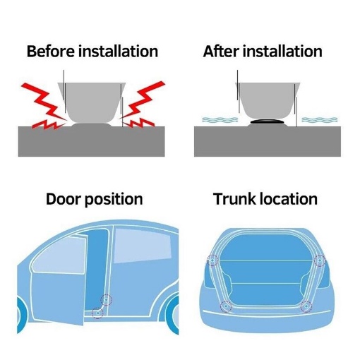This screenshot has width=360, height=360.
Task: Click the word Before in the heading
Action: tap(50, 51)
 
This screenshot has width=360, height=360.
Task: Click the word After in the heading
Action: tap(220, 51)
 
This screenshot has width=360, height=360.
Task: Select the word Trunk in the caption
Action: tap(234, 199)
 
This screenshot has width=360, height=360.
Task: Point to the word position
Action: tap(114, 200)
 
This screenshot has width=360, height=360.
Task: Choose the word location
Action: tap(289, 199)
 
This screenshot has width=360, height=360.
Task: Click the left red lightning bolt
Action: tap(44, 106)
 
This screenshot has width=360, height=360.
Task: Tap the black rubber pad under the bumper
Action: tap(268, 121)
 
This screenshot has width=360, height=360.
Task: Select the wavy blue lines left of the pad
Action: tap(220, 120)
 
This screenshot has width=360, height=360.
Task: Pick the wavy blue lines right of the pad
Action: tap(320, 120)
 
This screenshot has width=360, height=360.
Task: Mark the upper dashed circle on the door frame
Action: tap(106, 300)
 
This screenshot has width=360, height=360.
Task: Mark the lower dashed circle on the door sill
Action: tap(97, 313)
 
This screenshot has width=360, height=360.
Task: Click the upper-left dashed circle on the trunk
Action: tap(212, 260)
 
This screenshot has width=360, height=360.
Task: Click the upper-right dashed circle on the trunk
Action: tap(320, 260)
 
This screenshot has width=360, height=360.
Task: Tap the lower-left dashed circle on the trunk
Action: tap(226, 306)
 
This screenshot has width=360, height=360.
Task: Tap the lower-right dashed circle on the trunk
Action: tap(306, 306)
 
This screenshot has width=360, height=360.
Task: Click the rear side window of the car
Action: tap(143, 245)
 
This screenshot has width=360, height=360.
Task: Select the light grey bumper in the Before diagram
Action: tap(92, 102)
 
